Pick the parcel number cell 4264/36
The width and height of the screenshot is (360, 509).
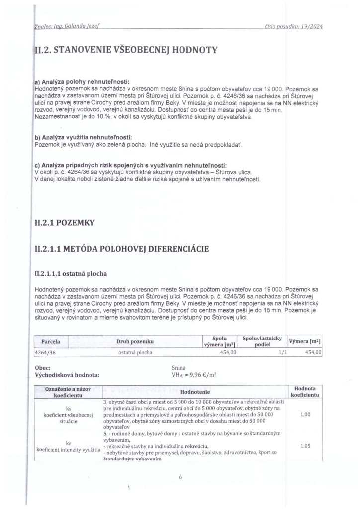[45, 352]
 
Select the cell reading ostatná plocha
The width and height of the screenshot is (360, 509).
[135, 352]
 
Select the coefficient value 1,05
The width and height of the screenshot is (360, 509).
[306, 446]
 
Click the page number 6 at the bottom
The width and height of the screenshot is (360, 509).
[180, 477]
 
